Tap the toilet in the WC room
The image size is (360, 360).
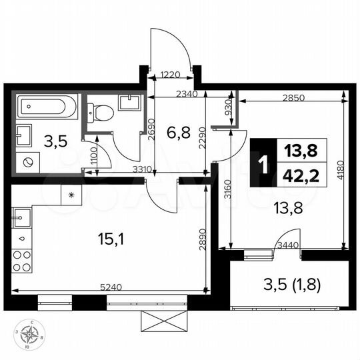(x=101, y=111)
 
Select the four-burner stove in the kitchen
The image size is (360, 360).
(x=22, y=259)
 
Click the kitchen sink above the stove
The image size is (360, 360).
(x=22, y=218)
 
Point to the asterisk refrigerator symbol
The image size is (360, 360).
(x=71, y=194)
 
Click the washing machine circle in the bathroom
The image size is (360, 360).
(x=29, y=162)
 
